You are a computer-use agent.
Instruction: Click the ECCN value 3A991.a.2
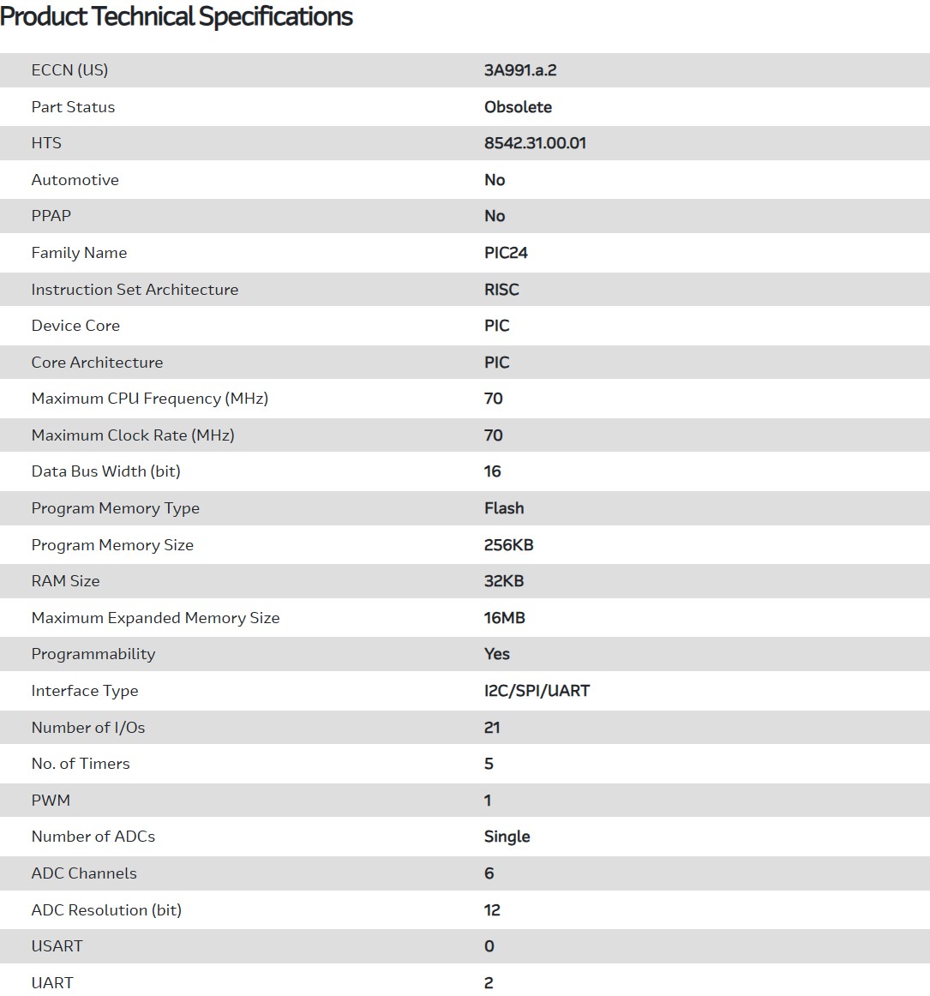(x=520, y=70)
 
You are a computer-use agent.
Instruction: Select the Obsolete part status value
(x=518, y=107)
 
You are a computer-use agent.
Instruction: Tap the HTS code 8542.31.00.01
(x=535, y=143)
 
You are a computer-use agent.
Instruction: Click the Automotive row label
(x=75, y=180)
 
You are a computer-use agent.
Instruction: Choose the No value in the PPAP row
(x=495, y=216)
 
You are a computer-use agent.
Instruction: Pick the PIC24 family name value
(x=506, y=253)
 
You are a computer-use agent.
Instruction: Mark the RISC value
(x=501, y=290)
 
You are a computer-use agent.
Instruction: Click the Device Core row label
(x=75, y=326)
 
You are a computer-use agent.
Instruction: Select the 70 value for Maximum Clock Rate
(x=494, y=435)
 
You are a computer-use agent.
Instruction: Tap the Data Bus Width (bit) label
(x=106, y=471)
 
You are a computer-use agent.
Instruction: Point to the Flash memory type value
(x=504, y=508)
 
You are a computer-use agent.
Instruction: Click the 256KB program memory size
(x=509, y=545)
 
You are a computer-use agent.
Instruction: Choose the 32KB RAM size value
(x=504, y=581)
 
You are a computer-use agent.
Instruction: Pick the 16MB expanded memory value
(x=505, y=618)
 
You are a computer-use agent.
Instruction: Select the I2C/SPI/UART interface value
(x=537, y=691)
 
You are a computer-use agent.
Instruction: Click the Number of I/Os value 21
(x=492, y=728)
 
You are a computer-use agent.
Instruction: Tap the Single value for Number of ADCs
(x=507, y=837)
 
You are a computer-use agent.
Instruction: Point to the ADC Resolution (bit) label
(x=107, y=910)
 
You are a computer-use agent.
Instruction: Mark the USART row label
(x=57, y=946)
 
